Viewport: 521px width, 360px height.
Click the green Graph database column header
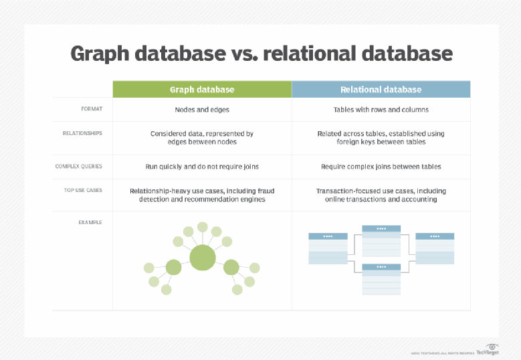[x=202, y=90]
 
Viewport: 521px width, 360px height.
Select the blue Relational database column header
[x=381, y=90]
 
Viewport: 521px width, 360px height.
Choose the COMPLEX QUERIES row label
[x=79, y=166]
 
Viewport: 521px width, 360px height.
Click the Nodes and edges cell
[x=202, y=109]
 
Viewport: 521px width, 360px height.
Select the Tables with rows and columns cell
[x=381, y=109]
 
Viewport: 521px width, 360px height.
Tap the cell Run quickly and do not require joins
[x=202, y=167]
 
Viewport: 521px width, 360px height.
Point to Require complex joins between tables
[x=381, y=167]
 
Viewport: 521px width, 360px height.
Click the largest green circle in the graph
[x=202, y=258]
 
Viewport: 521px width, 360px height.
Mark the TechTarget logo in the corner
[x=490, y=349]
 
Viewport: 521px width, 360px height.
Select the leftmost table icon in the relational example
[x=328, y=248]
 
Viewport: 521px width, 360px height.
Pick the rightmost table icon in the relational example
[x=435, y=248]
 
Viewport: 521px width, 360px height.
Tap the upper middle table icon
[x=381, y=241]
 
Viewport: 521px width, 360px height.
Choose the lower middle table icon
[x=381, y=279]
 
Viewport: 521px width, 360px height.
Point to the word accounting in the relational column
[x=418, y=199]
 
